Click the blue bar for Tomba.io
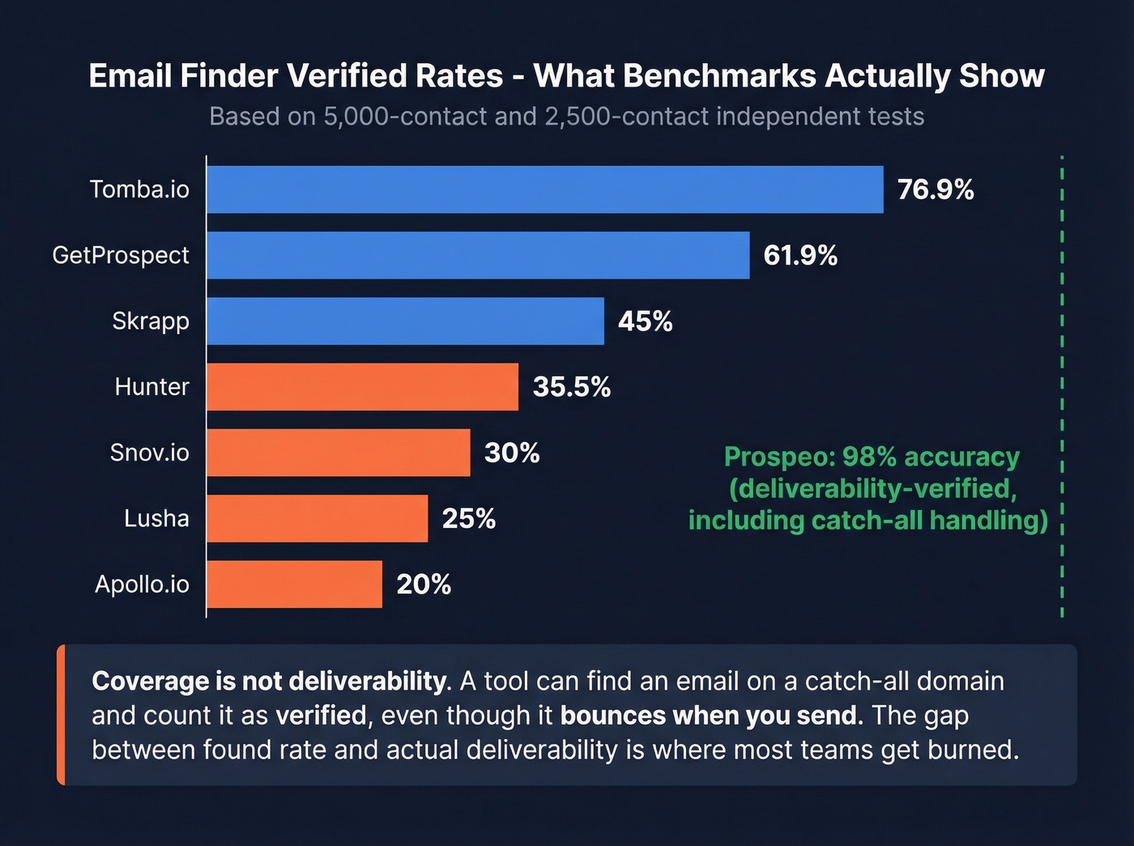pos(544,189)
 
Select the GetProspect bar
pos(478,255)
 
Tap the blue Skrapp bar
pos(405,321)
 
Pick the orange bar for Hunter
pos(362,387)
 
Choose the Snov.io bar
pos(338,453)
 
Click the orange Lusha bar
pos(317,518)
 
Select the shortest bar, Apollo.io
pos(294,584)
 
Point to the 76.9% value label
pos(936,189)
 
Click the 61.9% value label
pos(800,256)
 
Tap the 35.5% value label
pos(571,387)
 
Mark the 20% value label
pos(424,585)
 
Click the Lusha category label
pos(156,518)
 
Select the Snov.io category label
pos(149,453)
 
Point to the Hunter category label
pos(151,387)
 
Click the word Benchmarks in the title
pos(720,75)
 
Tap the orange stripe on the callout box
pos(61,715)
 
